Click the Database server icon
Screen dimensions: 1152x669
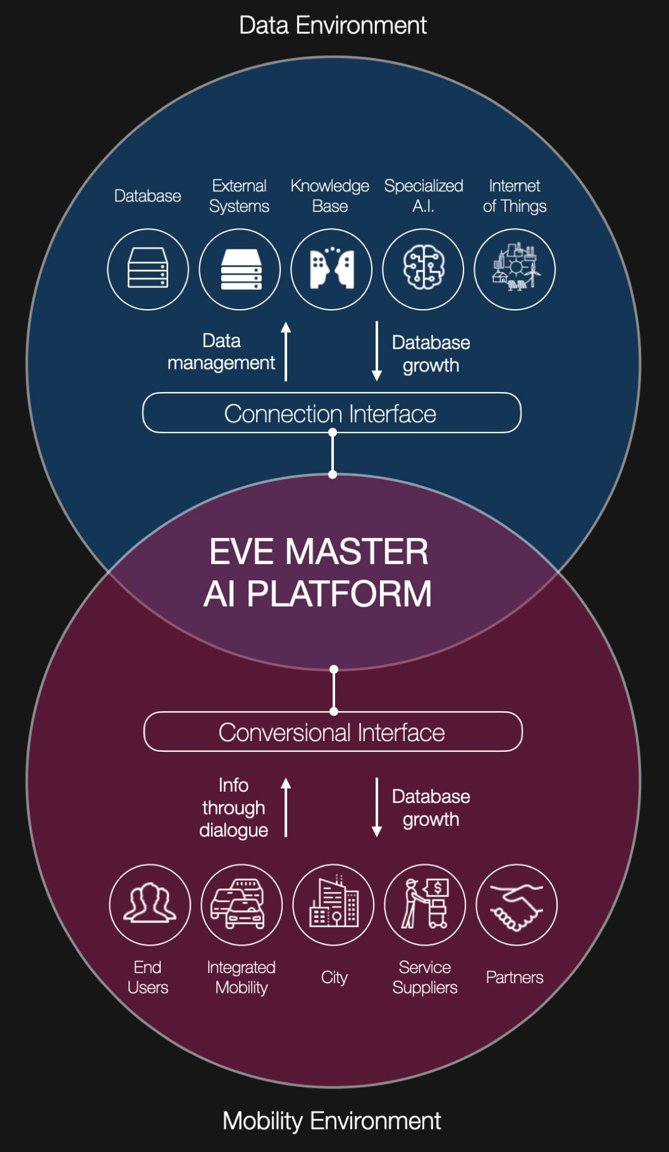click(x=148, y=269)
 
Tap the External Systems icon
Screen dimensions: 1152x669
click(x=240, y=269)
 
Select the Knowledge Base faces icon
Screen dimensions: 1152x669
click(x=331, y=269)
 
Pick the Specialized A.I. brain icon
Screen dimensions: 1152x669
click(x=423, y=269)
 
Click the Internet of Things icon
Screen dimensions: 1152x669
click(x=515, y=269)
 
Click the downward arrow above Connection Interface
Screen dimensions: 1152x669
click(x=377, y=351)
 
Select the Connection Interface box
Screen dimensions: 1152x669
click(x=331, y=413)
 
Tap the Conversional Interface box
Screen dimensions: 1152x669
click(x=333, y=732)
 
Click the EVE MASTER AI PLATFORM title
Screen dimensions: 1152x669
click(x=318, y=572)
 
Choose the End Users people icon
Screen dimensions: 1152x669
click(x=149, y=905)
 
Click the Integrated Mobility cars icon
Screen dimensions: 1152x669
click(x=242, y=905)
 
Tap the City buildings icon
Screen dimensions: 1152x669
click(x=333, y=905)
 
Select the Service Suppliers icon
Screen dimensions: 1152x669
click(x=425, y=905)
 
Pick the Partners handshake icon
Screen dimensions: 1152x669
click(x=516, y=905)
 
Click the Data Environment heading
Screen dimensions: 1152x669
click(x=333, y=26)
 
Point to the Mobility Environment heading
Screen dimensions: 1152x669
click(x=331, y=1121)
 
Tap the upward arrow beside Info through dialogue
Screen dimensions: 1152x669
click(x=286, y=807)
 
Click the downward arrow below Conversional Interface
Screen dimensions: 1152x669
click(x=377, y=807)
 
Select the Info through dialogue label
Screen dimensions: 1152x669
click(x=234, y=807)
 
